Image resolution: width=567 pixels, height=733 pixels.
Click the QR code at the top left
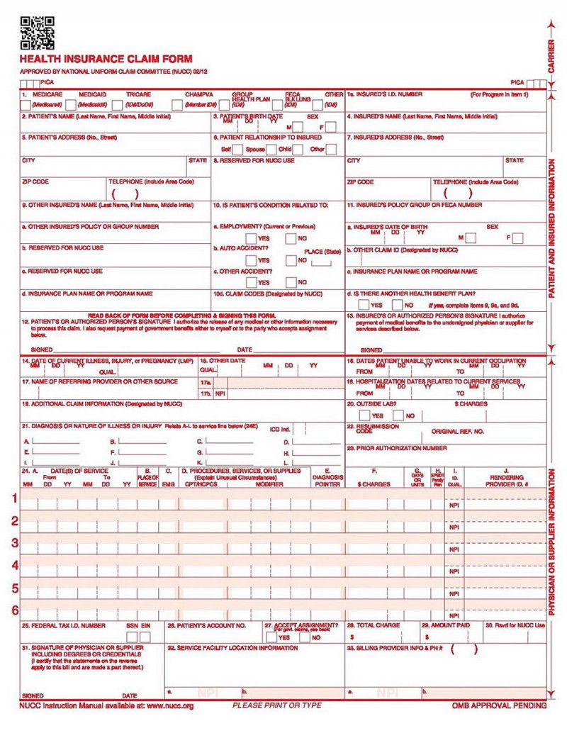(37, 33)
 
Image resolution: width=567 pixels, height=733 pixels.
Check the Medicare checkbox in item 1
(26, 105)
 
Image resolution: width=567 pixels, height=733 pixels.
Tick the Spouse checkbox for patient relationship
(272, 150)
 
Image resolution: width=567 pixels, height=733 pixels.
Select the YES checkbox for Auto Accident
(251, 260)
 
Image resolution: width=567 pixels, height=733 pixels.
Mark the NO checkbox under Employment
(291, 238)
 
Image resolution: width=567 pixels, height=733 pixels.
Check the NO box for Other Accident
(291, 282)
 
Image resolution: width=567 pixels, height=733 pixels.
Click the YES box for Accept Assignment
(272, 637)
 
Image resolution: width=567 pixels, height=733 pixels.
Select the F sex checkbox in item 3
(330, 127)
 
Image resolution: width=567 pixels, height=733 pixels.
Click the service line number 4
(14, 565)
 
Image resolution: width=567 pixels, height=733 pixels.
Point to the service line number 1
(14, 498)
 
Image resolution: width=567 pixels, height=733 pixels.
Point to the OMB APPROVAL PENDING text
(499, 706)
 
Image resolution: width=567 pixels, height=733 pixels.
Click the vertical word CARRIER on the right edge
(551, 56)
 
